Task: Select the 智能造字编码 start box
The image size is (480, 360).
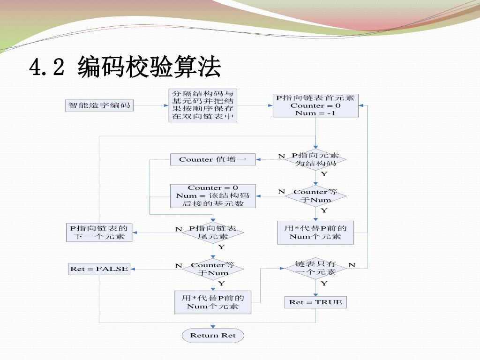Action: point(99,105)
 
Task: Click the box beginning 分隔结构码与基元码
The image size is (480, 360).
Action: point(202,105)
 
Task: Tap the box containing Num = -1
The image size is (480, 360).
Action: point(315,105)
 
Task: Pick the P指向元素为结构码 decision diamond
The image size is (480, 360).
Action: point(315,159)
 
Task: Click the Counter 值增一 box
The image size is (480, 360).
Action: point(213,159)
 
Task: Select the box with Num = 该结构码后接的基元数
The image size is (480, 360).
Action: point(213,196)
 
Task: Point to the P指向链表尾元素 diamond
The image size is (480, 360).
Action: point(213,232)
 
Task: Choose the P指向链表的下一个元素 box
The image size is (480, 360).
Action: point(99,232)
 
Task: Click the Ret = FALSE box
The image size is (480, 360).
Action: point(99,269)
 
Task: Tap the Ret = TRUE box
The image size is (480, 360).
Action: point(315,302)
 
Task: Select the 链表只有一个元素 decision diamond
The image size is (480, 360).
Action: point(315,268)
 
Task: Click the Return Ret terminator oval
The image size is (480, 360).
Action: point(213,335)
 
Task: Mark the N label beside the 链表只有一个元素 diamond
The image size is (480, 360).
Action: point(352,265)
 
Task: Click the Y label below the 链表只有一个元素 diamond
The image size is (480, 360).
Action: point(324,284)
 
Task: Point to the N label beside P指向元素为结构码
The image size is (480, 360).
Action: point(281,156)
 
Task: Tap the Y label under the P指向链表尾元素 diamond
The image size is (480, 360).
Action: point(221,247)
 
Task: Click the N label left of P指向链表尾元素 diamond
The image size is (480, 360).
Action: point(179,229)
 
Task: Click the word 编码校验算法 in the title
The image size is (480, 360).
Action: point(149,67)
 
